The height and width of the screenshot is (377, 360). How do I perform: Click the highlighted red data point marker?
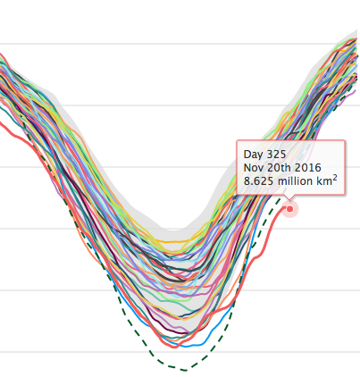289,209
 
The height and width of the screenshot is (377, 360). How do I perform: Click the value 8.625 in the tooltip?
260,182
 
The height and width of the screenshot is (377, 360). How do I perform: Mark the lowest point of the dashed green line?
183,369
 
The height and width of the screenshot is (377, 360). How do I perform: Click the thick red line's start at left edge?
3,128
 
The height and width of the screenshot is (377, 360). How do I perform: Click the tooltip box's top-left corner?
237,141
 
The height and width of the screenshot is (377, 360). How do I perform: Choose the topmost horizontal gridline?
179,44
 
